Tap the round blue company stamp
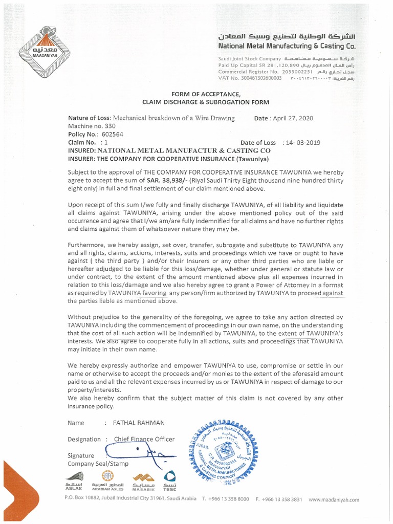tap(226, 449)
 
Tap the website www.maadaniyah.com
tap(334, 499)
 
